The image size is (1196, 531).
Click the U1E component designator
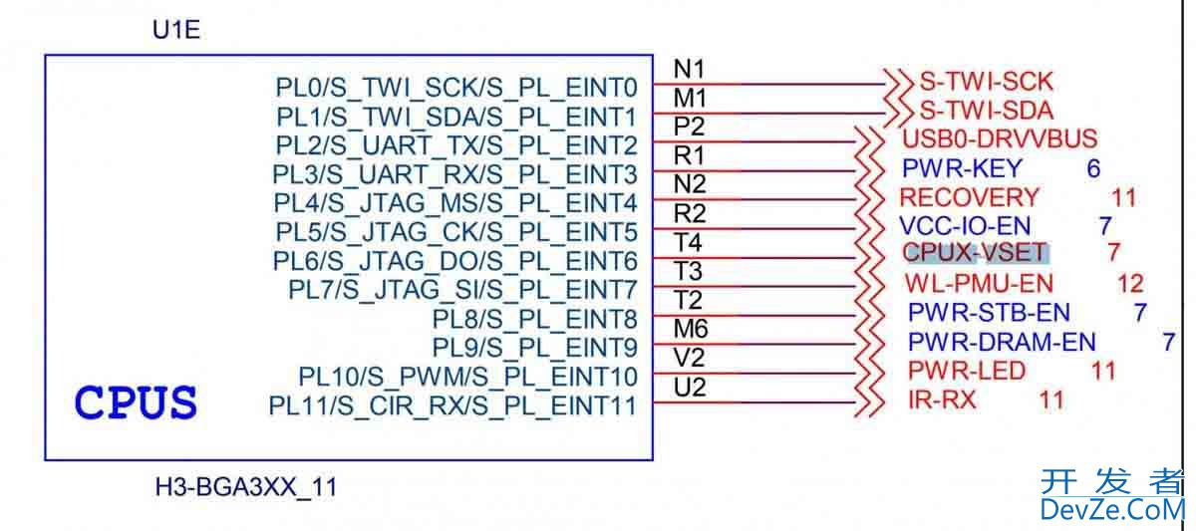[175, 30]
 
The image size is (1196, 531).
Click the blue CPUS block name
[136, 403]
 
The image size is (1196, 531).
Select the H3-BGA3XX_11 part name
[246, 488]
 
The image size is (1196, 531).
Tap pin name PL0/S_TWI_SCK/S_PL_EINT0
[456, 88]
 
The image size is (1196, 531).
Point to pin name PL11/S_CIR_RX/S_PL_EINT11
[452, 405]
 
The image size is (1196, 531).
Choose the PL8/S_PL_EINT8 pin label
[534, 319]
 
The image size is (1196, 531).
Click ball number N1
[690, 69]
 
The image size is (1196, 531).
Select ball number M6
[690, 329]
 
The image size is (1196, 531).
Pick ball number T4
[688, 242]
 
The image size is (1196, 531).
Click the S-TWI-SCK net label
[986, 82]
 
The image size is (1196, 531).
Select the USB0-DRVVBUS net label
[999, 138]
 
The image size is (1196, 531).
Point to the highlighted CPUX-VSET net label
[975, 253]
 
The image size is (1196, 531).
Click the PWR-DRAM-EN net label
[1001, 342]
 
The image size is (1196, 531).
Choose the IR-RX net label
[942, 400]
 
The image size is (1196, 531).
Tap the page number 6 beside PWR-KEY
[1093, 168]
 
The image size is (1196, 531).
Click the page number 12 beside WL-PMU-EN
[1130, 284]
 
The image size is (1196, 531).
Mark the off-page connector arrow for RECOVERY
[871, 197]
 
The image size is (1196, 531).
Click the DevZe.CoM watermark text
[1111, 510]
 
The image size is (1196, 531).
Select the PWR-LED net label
[966, 371]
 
